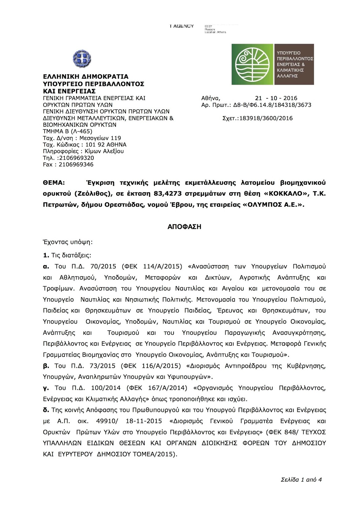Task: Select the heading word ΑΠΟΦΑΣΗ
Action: click(x=184, y=227)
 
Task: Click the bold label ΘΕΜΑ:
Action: click(x=54, y=183)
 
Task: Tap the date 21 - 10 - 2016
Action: click(x=276, y=98)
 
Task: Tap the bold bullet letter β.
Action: click(x=46, y=366)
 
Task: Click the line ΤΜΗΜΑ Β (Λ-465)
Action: click(x=68, y=131)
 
